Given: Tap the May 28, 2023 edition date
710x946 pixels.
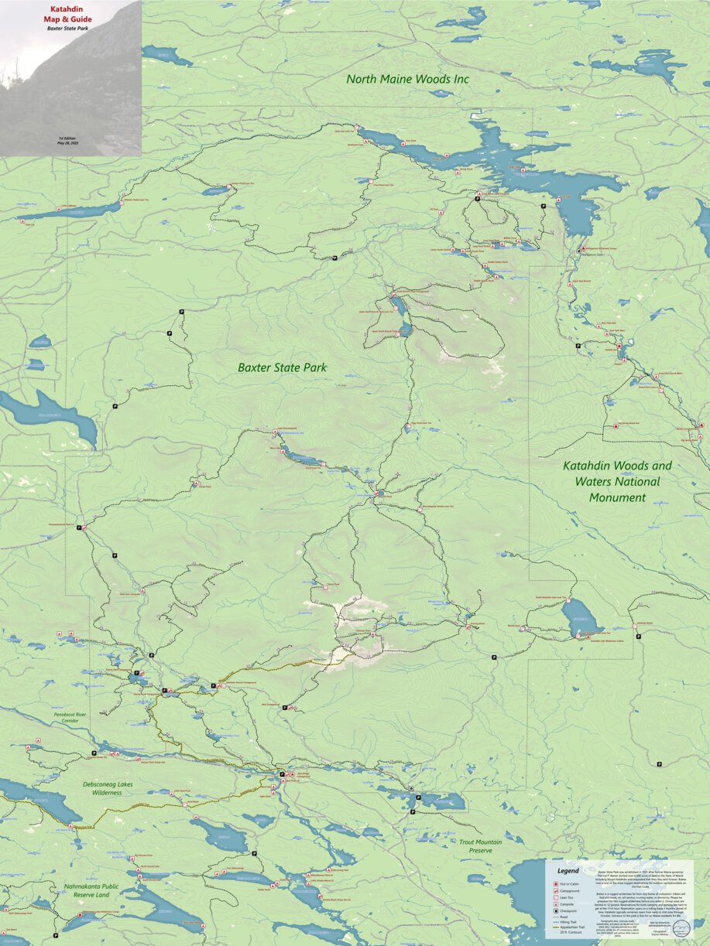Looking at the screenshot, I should pyautogui.click(x=70, y=143).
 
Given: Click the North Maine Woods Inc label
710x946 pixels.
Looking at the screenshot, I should pyautogui.click(x=407, y=79).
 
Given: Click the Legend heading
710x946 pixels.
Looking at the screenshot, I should pyautogui.click(x=568, y=870).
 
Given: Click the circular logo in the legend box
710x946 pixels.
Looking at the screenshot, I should pyautogui.click(x=681, y=928).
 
